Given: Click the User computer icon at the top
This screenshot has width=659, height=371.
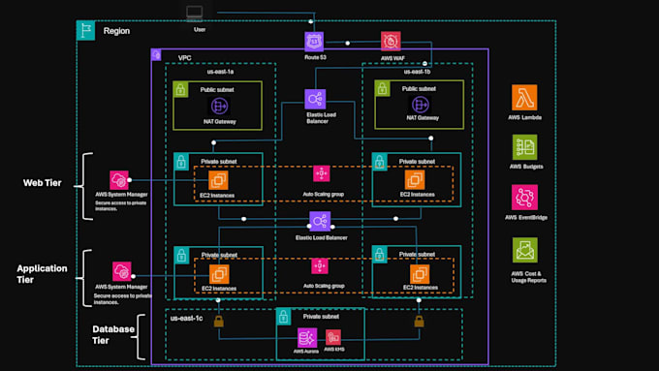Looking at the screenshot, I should [x=194, y=14].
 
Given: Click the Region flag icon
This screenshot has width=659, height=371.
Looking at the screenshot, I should [x=86, y=31].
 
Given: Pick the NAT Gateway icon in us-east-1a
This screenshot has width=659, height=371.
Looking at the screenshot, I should [x=219, y=105].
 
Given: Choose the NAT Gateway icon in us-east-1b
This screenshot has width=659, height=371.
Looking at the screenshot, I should [x=416, y=105].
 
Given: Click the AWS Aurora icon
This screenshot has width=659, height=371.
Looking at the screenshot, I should [x=306, y=337].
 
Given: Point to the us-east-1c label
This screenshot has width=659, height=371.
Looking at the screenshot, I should [x=190, y=317].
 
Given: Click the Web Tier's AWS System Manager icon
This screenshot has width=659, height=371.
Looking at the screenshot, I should [x=120, y=180].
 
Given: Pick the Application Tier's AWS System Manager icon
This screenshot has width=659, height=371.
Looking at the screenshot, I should [x=122, y=270].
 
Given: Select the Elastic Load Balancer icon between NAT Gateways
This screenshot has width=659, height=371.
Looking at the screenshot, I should [x=316, y=99].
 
